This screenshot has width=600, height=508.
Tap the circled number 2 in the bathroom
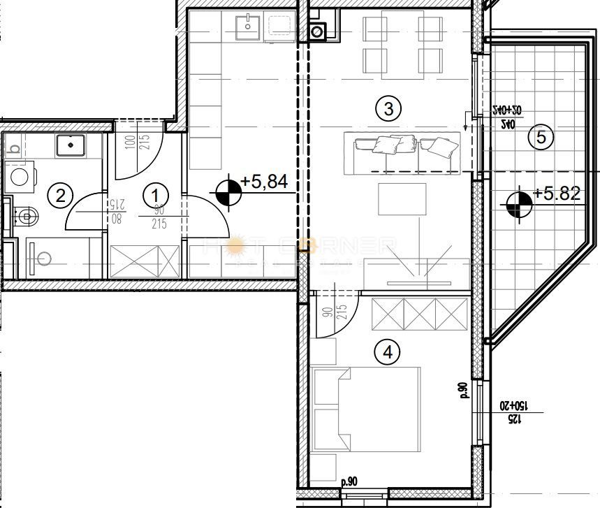click(61, 195)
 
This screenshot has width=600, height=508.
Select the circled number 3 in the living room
click(388, 108)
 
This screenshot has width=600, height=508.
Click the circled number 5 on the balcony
click(541, 138)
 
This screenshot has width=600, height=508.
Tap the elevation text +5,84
click(264, 182)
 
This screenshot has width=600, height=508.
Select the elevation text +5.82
click(557, 194)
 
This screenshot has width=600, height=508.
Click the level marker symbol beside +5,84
click(226, 192)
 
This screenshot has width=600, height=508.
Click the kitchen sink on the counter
click(247, 29)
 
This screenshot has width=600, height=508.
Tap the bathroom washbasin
click(71, 145)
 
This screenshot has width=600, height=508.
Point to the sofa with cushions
click(403, 145)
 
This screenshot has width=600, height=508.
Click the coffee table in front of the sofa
click(402, 199)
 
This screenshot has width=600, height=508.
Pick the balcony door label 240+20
click(506, 110)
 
